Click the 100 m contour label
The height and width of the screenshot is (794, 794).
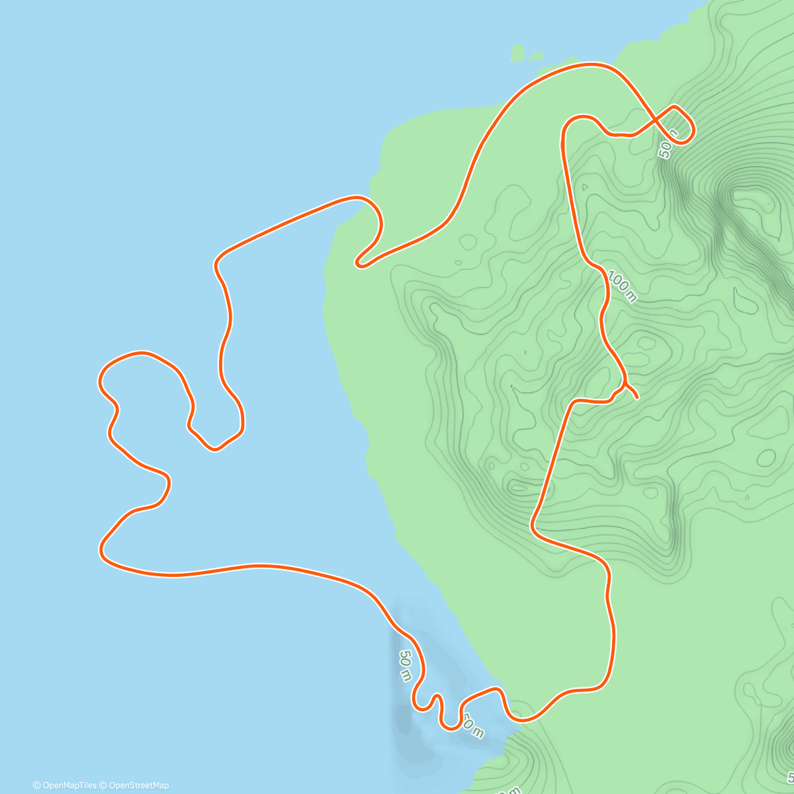click(621, 286)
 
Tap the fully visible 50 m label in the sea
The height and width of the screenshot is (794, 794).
click(405, 666)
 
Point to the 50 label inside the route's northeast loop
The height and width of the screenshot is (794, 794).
click(669, 145)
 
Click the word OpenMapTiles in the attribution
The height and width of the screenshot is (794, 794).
click(69, 785)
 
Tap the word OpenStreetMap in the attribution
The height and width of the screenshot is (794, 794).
click(138, 785)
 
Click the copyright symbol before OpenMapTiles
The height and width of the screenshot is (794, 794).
click(36, 785)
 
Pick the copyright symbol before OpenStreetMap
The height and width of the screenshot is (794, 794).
click(103, 785)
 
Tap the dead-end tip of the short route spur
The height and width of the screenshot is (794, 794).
click(637, 398)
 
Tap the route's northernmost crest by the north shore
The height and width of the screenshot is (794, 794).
click(592, 64)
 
